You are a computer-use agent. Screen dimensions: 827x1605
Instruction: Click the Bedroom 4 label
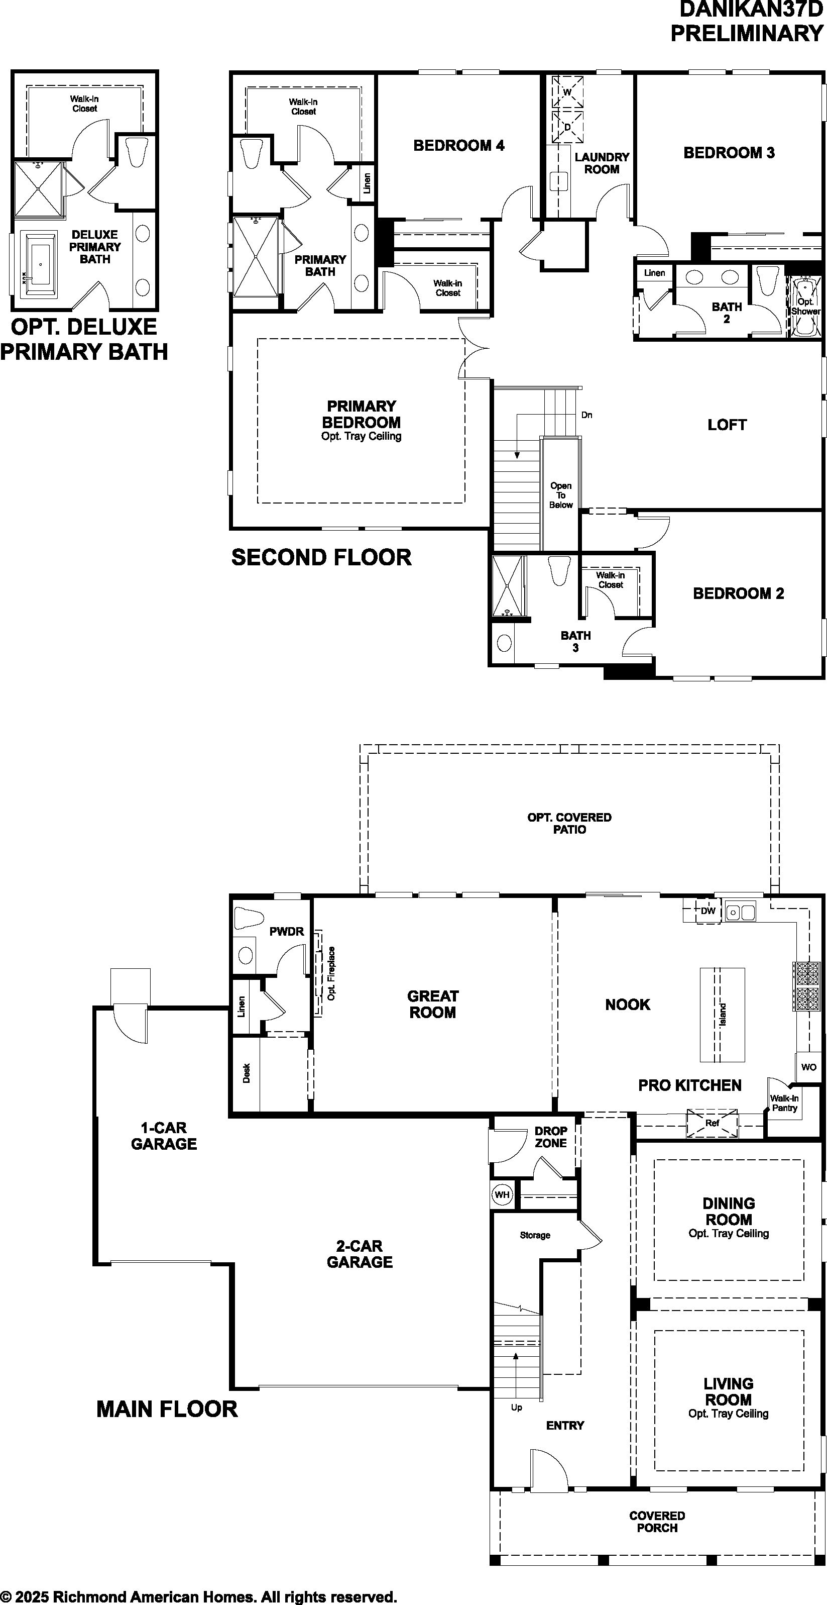pos(459,146)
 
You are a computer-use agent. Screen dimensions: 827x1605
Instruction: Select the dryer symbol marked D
pos(567,127)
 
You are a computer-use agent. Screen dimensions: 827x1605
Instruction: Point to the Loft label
pos(727,425)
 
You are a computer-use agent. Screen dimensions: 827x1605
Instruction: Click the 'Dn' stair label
pos(586,415)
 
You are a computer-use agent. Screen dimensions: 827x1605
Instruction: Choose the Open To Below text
pos(560,495)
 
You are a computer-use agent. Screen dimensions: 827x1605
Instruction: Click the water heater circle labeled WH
pos(502,1195)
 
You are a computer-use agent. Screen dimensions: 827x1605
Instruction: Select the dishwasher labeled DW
pos(708,911)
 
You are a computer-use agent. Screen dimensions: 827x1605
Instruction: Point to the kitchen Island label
pos(723,1015)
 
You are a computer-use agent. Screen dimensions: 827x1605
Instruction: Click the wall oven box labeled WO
pos(808,1067)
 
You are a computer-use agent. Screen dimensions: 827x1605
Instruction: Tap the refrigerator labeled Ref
pos(713,1124)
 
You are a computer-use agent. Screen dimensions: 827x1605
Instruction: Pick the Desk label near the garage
pos(247,1073)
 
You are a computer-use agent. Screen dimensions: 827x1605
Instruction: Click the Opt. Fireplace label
pos(331,973)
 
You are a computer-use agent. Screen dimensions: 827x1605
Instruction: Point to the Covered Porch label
pos(657,1522)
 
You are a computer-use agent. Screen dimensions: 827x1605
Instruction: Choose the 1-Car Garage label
pos(164,1136)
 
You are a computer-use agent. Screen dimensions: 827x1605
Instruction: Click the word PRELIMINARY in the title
pos(747,33)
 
